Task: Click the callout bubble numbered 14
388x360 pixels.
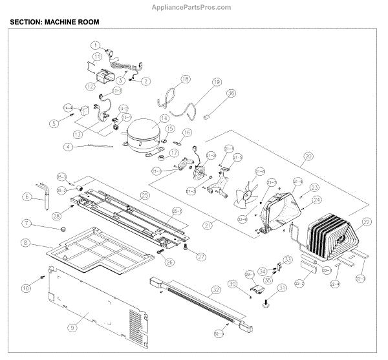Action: click(x=164, y=118)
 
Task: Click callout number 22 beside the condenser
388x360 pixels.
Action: click(x=367, y=222)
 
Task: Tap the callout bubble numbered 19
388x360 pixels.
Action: click(x=216, y=82)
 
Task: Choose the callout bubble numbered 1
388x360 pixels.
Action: click(x=95, y=45)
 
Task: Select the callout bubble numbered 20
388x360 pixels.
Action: click(x=308, y=156)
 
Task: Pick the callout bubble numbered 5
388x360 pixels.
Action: click(x=56, y=123)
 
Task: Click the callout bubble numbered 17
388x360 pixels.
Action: click(x=174, y=153)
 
